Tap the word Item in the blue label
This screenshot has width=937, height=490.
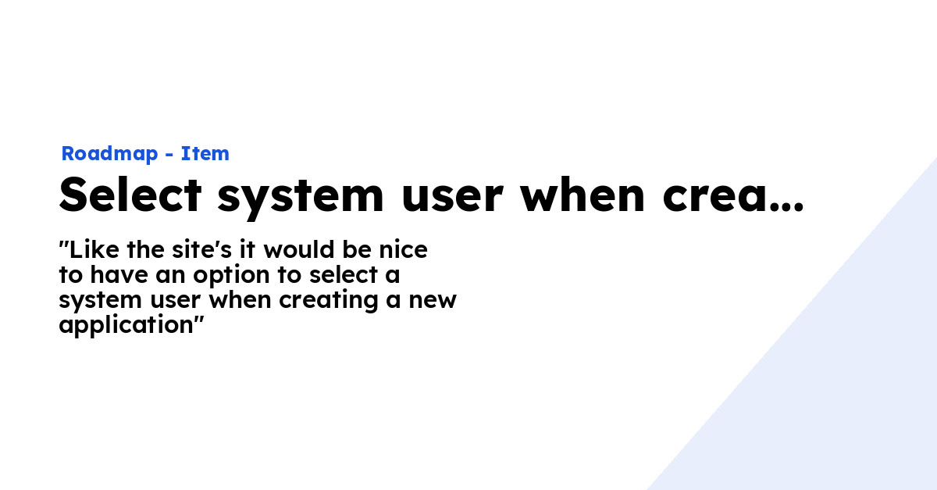click(x=205, y=154)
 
